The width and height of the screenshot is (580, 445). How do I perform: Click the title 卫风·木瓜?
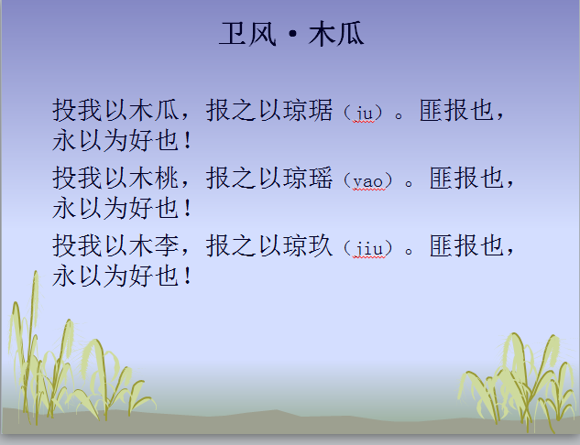pos(291,35)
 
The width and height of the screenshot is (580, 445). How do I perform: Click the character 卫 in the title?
pos(231,35)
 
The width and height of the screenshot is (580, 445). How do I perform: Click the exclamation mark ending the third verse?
pos(188,276)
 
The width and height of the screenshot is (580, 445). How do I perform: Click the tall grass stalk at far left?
pos(27,348)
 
